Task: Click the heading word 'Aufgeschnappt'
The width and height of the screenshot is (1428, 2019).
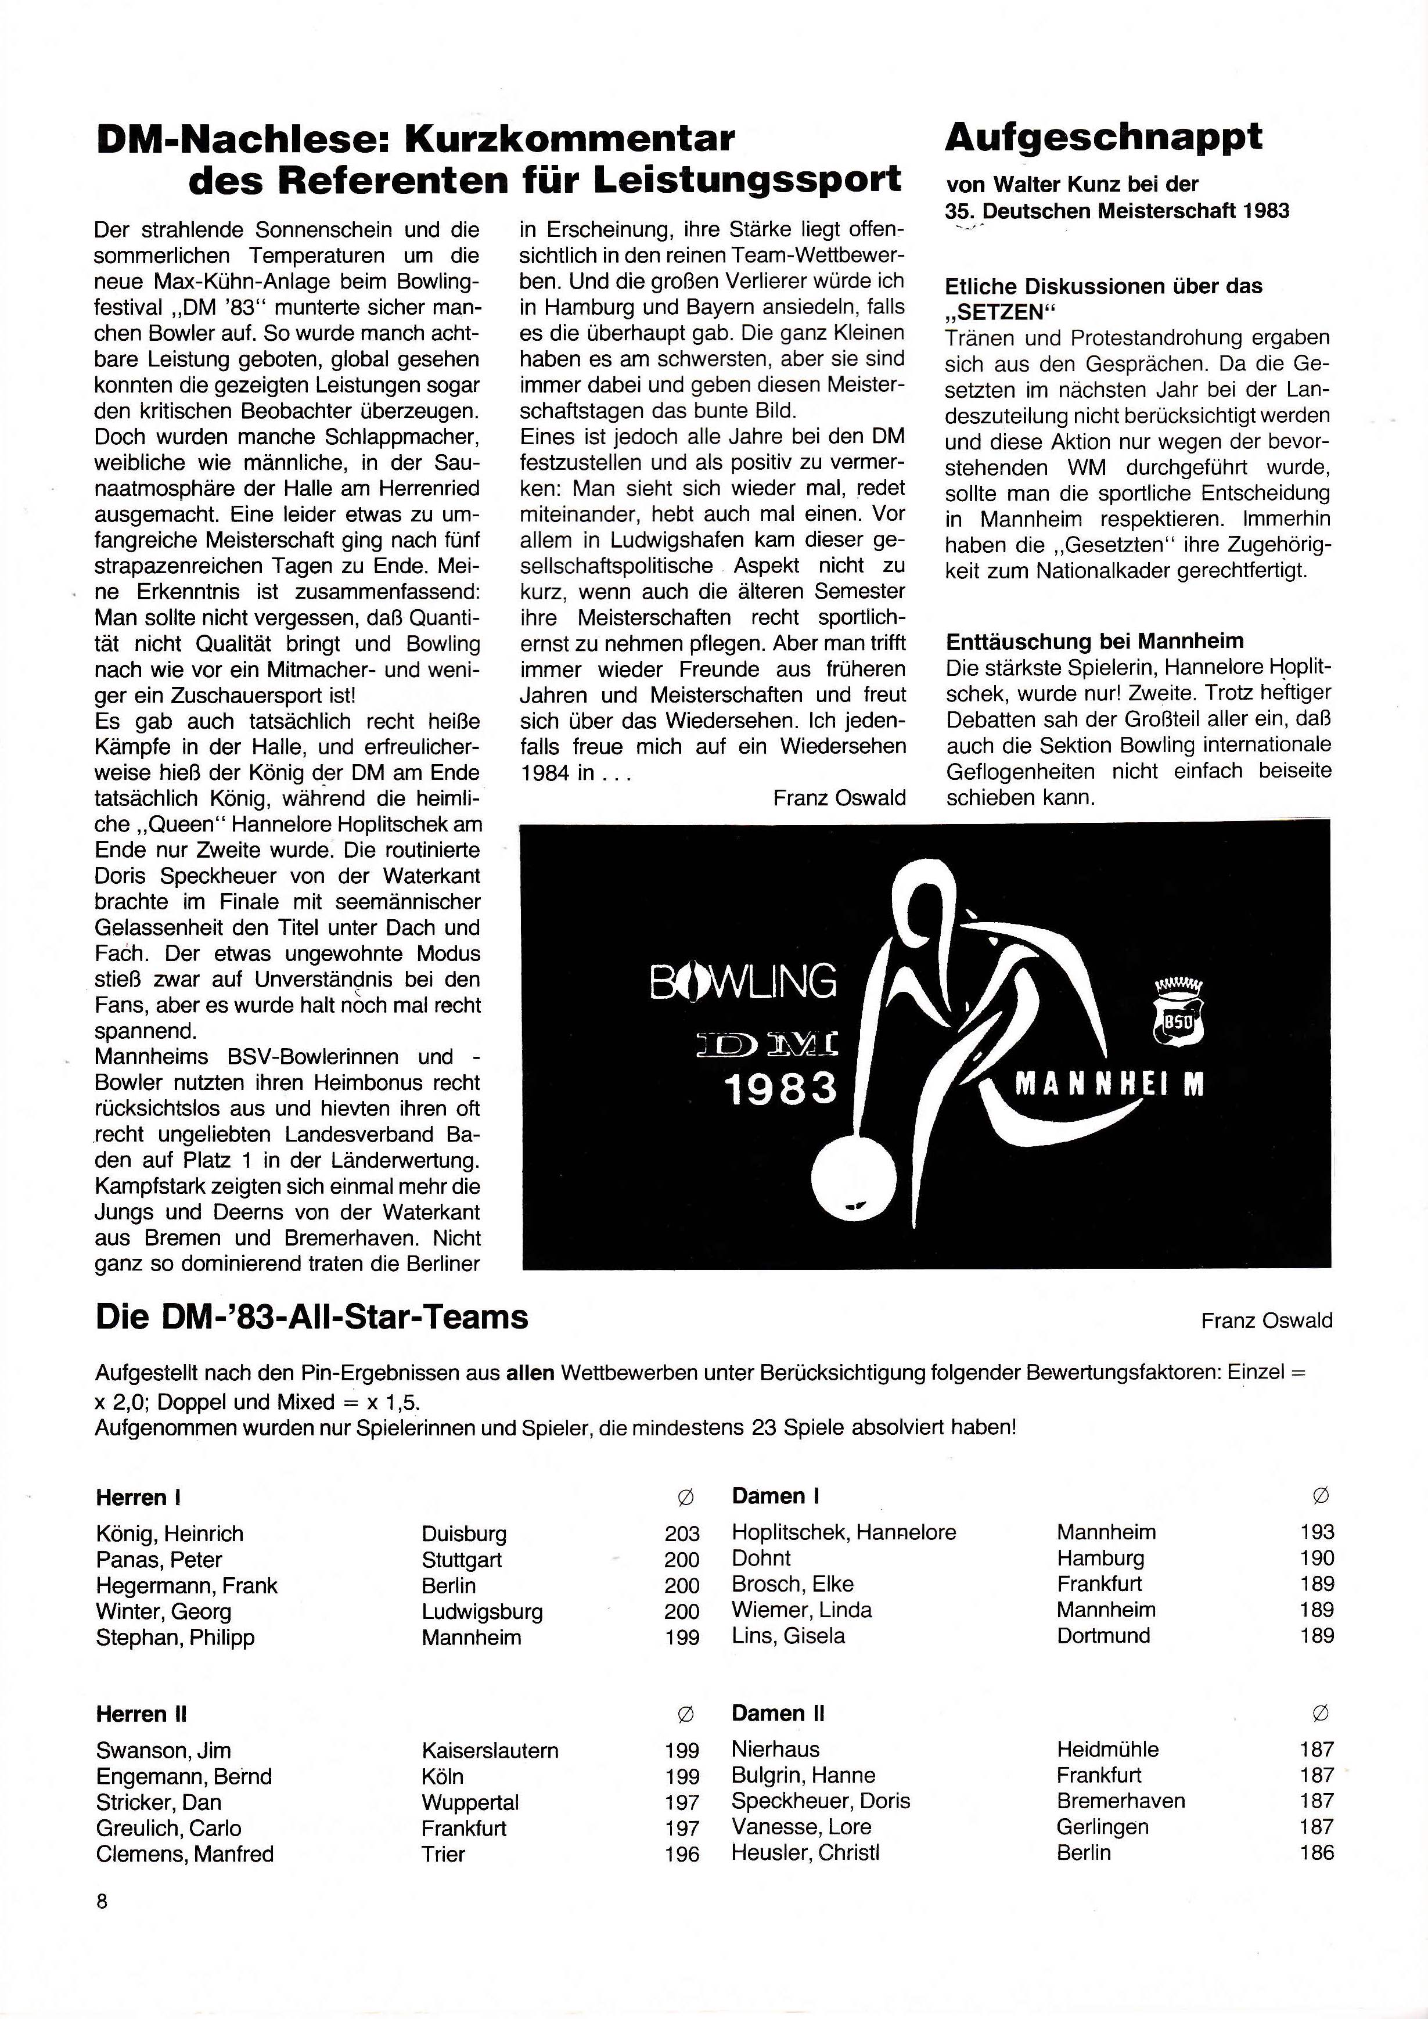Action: pyautogui.click(x=1103, y=138)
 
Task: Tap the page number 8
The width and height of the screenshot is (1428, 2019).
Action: pyautogui.click(x=102, y=1901)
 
